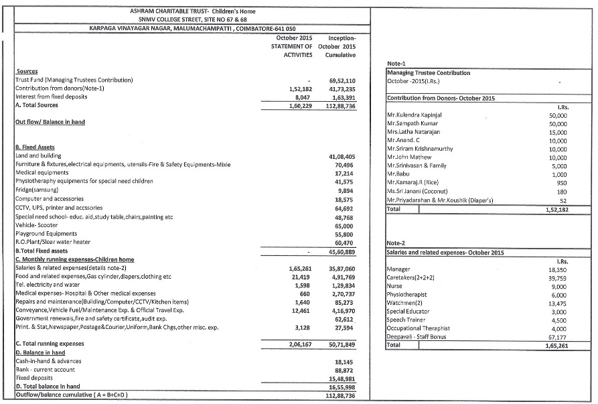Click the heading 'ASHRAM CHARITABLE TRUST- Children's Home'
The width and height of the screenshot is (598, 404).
click(192, 11)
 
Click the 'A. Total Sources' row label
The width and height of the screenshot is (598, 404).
click(37, 105)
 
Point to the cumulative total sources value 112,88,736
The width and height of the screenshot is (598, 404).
click(340, 105)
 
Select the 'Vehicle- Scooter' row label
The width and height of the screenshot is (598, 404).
click(36, 226)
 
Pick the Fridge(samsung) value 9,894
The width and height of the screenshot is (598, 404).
click(346, 191)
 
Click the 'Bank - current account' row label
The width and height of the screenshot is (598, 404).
click(46, 369)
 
